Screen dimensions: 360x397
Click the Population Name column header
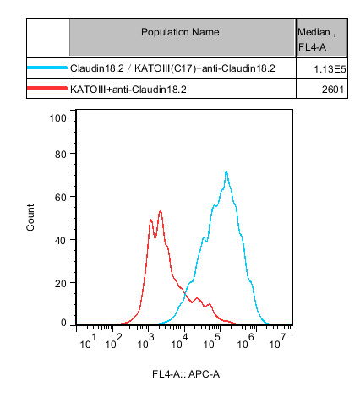pos(180,32)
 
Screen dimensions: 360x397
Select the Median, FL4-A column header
pos(317,40)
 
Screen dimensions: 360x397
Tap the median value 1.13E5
pos(330,69)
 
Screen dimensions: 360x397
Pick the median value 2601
pos(333,90)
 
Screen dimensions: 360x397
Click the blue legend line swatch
pos(47,68)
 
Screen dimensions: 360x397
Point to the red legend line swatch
pos(47,88)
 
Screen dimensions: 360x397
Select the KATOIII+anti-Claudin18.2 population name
pos(128,90)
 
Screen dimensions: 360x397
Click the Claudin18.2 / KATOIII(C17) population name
pos(172,68)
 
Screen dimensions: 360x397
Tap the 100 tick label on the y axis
pos(57,118)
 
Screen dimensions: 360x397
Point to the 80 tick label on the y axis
pos(61,154)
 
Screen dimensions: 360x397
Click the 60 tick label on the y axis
pos(61,197)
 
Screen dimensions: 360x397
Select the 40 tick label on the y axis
pos(61,240)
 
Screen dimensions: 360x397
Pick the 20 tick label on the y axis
pos(61,283)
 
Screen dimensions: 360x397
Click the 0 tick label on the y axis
pos(63,323)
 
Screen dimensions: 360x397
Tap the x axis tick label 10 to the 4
pos(179,341)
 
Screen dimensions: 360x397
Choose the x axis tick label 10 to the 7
pos(277,341)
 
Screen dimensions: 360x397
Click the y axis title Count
pos(30,218)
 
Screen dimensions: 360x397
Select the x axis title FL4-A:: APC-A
pos(186,374)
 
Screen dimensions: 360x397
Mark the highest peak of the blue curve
pos(226,171)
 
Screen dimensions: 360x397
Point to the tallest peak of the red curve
pos(161,210)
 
